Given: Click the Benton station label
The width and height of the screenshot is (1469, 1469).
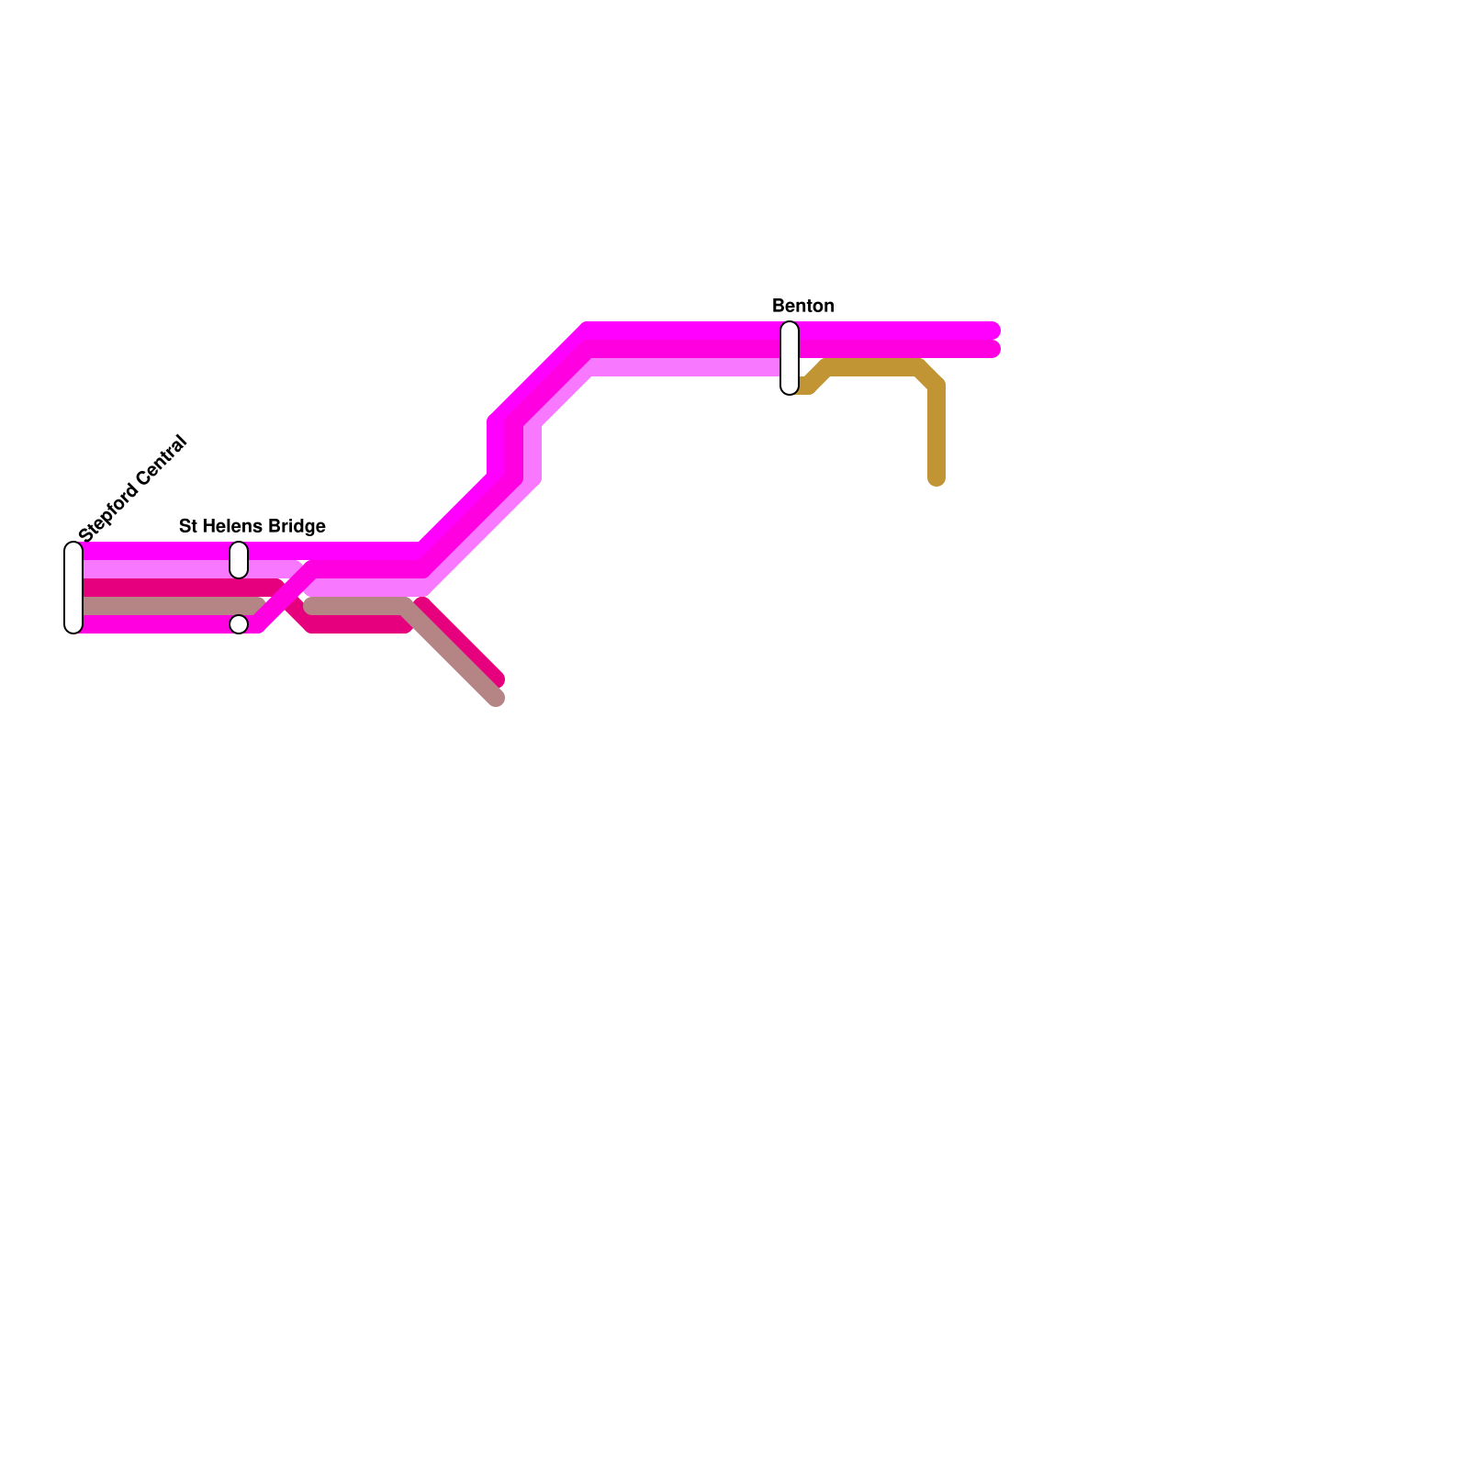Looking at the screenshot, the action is (x=803, y=306).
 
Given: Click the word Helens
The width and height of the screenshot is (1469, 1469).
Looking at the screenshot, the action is (x=230, y=526).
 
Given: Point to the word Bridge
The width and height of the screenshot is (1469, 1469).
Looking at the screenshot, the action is (x=295, y=526).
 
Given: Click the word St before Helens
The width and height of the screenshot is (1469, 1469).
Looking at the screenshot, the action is (x=187, y=526).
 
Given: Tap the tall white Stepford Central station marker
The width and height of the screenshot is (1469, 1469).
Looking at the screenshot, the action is (x=73, y=588).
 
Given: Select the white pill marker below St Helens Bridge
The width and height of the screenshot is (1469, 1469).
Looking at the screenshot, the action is (x=239, y=560).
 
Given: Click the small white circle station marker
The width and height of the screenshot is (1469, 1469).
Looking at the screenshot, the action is (x=239, y=624).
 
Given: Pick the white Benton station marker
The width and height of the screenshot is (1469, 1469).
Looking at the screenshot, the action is (x=790, y=358).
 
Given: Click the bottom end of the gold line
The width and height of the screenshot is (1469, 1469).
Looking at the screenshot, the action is (x=936, y=478).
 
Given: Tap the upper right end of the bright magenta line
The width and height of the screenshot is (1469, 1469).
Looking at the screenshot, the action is (x=992, y=331).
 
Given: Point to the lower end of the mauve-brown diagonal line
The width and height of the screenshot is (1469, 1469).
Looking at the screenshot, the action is (x=496, y=699).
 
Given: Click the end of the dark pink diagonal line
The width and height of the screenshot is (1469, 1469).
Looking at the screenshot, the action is (x=497, y=680).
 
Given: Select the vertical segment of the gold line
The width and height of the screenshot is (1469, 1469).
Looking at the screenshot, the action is (x=936, y=432).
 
